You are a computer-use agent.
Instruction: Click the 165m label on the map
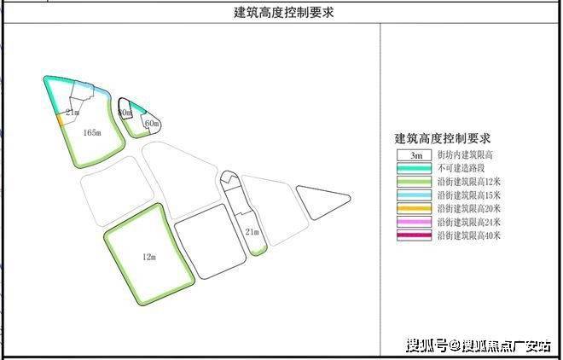point(93,132)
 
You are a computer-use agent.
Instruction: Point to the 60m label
point(152,124)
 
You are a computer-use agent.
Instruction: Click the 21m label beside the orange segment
point(73,112)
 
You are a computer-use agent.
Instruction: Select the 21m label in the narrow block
point(251,231)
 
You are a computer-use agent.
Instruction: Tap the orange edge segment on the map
point(61,120)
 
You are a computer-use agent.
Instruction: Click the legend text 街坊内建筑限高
point(466,156)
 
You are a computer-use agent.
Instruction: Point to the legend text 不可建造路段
point(461,169)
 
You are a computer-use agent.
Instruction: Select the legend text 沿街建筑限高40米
point(469,234)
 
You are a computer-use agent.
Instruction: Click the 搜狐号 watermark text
point(427,345)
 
